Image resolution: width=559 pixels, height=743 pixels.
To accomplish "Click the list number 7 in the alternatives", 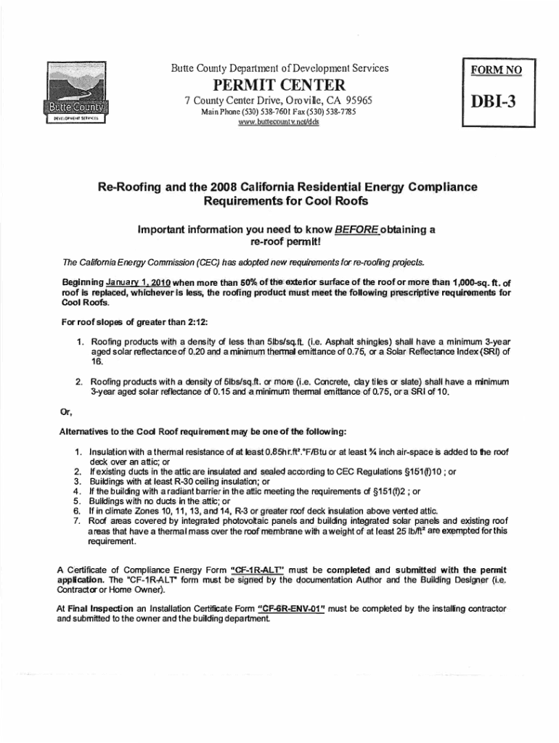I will pos(77,521).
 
